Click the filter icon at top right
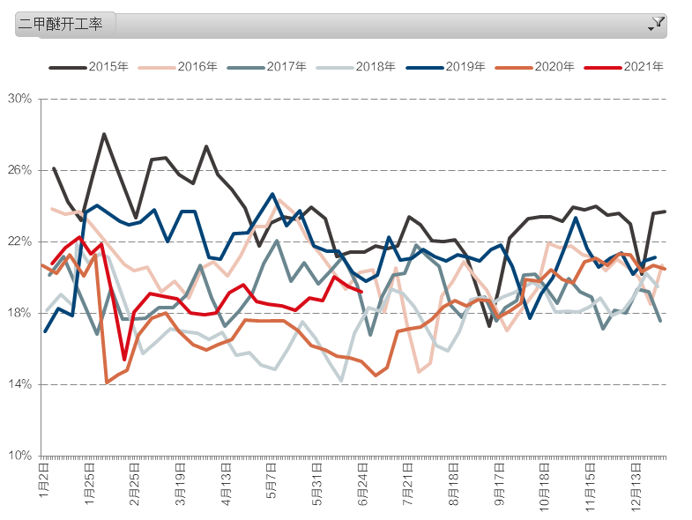[657, 24]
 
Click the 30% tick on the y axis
[19, 99]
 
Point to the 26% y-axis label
[19, 170]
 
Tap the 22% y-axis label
[19, 241]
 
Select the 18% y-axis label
[19, 313]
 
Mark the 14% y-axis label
[19, 384]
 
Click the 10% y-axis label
[19, 456]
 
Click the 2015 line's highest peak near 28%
[104, 134]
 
